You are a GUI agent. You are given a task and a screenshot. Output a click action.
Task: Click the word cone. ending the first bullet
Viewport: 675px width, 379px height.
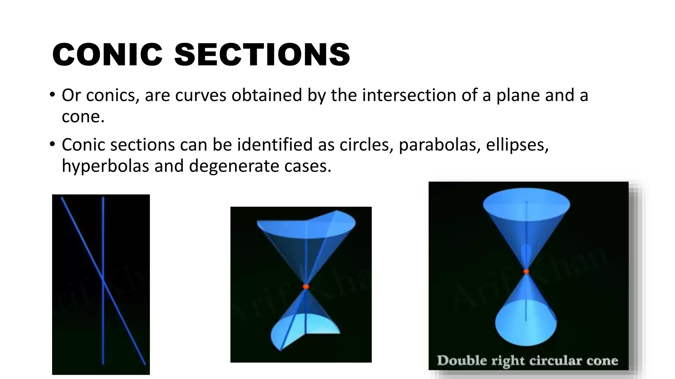83,116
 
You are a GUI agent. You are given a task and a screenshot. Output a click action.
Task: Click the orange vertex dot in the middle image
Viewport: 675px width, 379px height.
306,287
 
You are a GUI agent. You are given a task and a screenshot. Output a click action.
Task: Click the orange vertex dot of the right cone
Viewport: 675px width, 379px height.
526,271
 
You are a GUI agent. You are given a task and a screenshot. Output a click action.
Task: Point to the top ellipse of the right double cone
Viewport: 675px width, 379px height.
526,204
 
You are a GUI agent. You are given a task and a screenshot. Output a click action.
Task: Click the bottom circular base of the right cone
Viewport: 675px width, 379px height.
526,326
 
